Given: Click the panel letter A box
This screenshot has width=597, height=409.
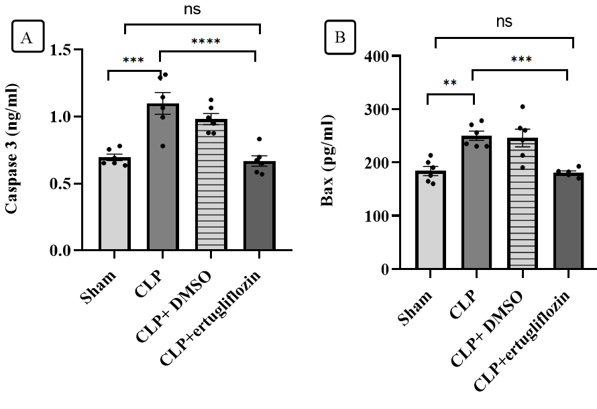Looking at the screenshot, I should coord(27,38).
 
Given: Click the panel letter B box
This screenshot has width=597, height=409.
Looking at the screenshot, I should coord(340,38).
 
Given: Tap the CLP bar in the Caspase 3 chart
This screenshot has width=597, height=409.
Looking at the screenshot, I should coord(160,177).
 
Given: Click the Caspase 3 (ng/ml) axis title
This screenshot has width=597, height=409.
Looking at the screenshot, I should coord(12,149).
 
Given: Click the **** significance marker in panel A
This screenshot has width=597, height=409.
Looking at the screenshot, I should coord(206,42).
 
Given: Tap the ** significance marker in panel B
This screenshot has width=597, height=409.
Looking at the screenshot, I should coord(450,84).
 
